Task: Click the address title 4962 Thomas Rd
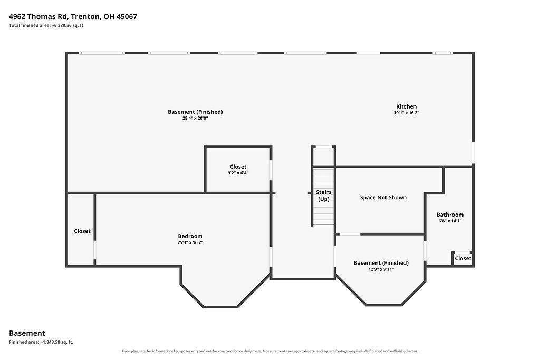pos(73,16)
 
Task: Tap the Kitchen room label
pos(407,106)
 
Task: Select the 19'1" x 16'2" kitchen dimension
pos(407,113)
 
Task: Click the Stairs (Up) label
pos(324,196)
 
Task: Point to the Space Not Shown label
pos(383,198)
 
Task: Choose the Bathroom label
pos(450,215)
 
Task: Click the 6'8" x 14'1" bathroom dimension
pos(450,221)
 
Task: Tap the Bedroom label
pos(190,236)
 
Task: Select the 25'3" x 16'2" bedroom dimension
pos(190,242)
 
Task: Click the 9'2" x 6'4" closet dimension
pos(238,173)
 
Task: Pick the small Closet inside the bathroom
pos(463,258)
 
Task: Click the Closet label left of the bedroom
pos(82,231)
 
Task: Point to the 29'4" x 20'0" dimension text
pos(195,118)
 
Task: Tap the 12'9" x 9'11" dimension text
pos(381,269)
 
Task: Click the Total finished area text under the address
pos(47,25)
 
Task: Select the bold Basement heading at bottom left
pos(27,333)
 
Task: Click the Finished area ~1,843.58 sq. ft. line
pos(41,342)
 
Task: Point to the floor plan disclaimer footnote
pos(270,351)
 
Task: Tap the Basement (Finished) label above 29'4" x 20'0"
pos(195,112)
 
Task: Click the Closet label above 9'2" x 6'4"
pos(238,167)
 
